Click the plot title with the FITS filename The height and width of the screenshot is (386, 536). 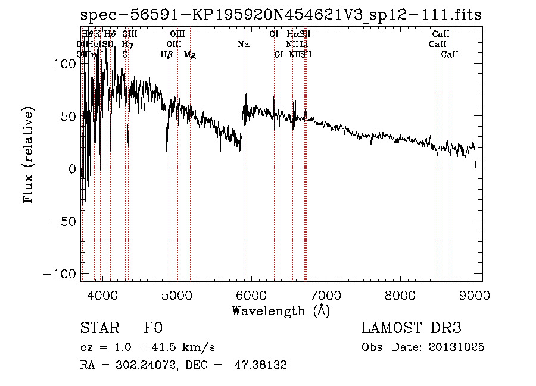(x=281, y=15)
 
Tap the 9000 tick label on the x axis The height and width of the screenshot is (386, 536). (x=474, y=294)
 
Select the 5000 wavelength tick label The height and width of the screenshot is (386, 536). (x=177, y=294)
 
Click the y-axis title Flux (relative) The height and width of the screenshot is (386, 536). (x=29, y=155)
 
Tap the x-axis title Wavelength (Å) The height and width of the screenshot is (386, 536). (x=281, y=310)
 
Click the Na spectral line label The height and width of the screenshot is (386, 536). (x=243, y=44)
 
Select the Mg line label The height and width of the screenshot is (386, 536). (x=189, y=55)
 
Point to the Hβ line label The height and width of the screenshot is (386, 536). (x=167, y=55)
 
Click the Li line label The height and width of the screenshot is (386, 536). (x=304, y=44)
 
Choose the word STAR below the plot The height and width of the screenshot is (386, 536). (x=98, y=328)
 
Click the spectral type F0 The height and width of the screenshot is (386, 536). (x=153, y=328)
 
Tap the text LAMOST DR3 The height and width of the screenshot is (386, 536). (x=412, y=328)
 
